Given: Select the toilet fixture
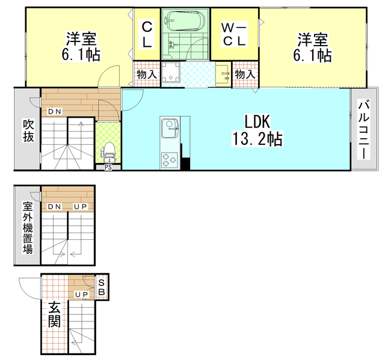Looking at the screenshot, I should pos(108,152).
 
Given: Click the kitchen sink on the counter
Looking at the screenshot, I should pos(170,127).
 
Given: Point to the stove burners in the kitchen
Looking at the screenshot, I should pos(167,160).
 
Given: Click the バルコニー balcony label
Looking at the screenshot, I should pos(363,130).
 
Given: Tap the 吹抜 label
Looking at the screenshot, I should pos(28,130).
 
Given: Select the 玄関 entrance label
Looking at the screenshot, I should pos(54,314).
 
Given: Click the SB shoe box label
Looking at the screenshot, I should pos(102,287).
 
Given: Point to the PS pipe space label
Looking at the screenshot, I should pos(108,168).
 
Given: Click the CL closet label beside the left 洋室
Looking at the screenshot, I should pos(147,35).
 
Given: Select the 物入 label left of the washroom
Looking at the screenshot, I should pos(147,75).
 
